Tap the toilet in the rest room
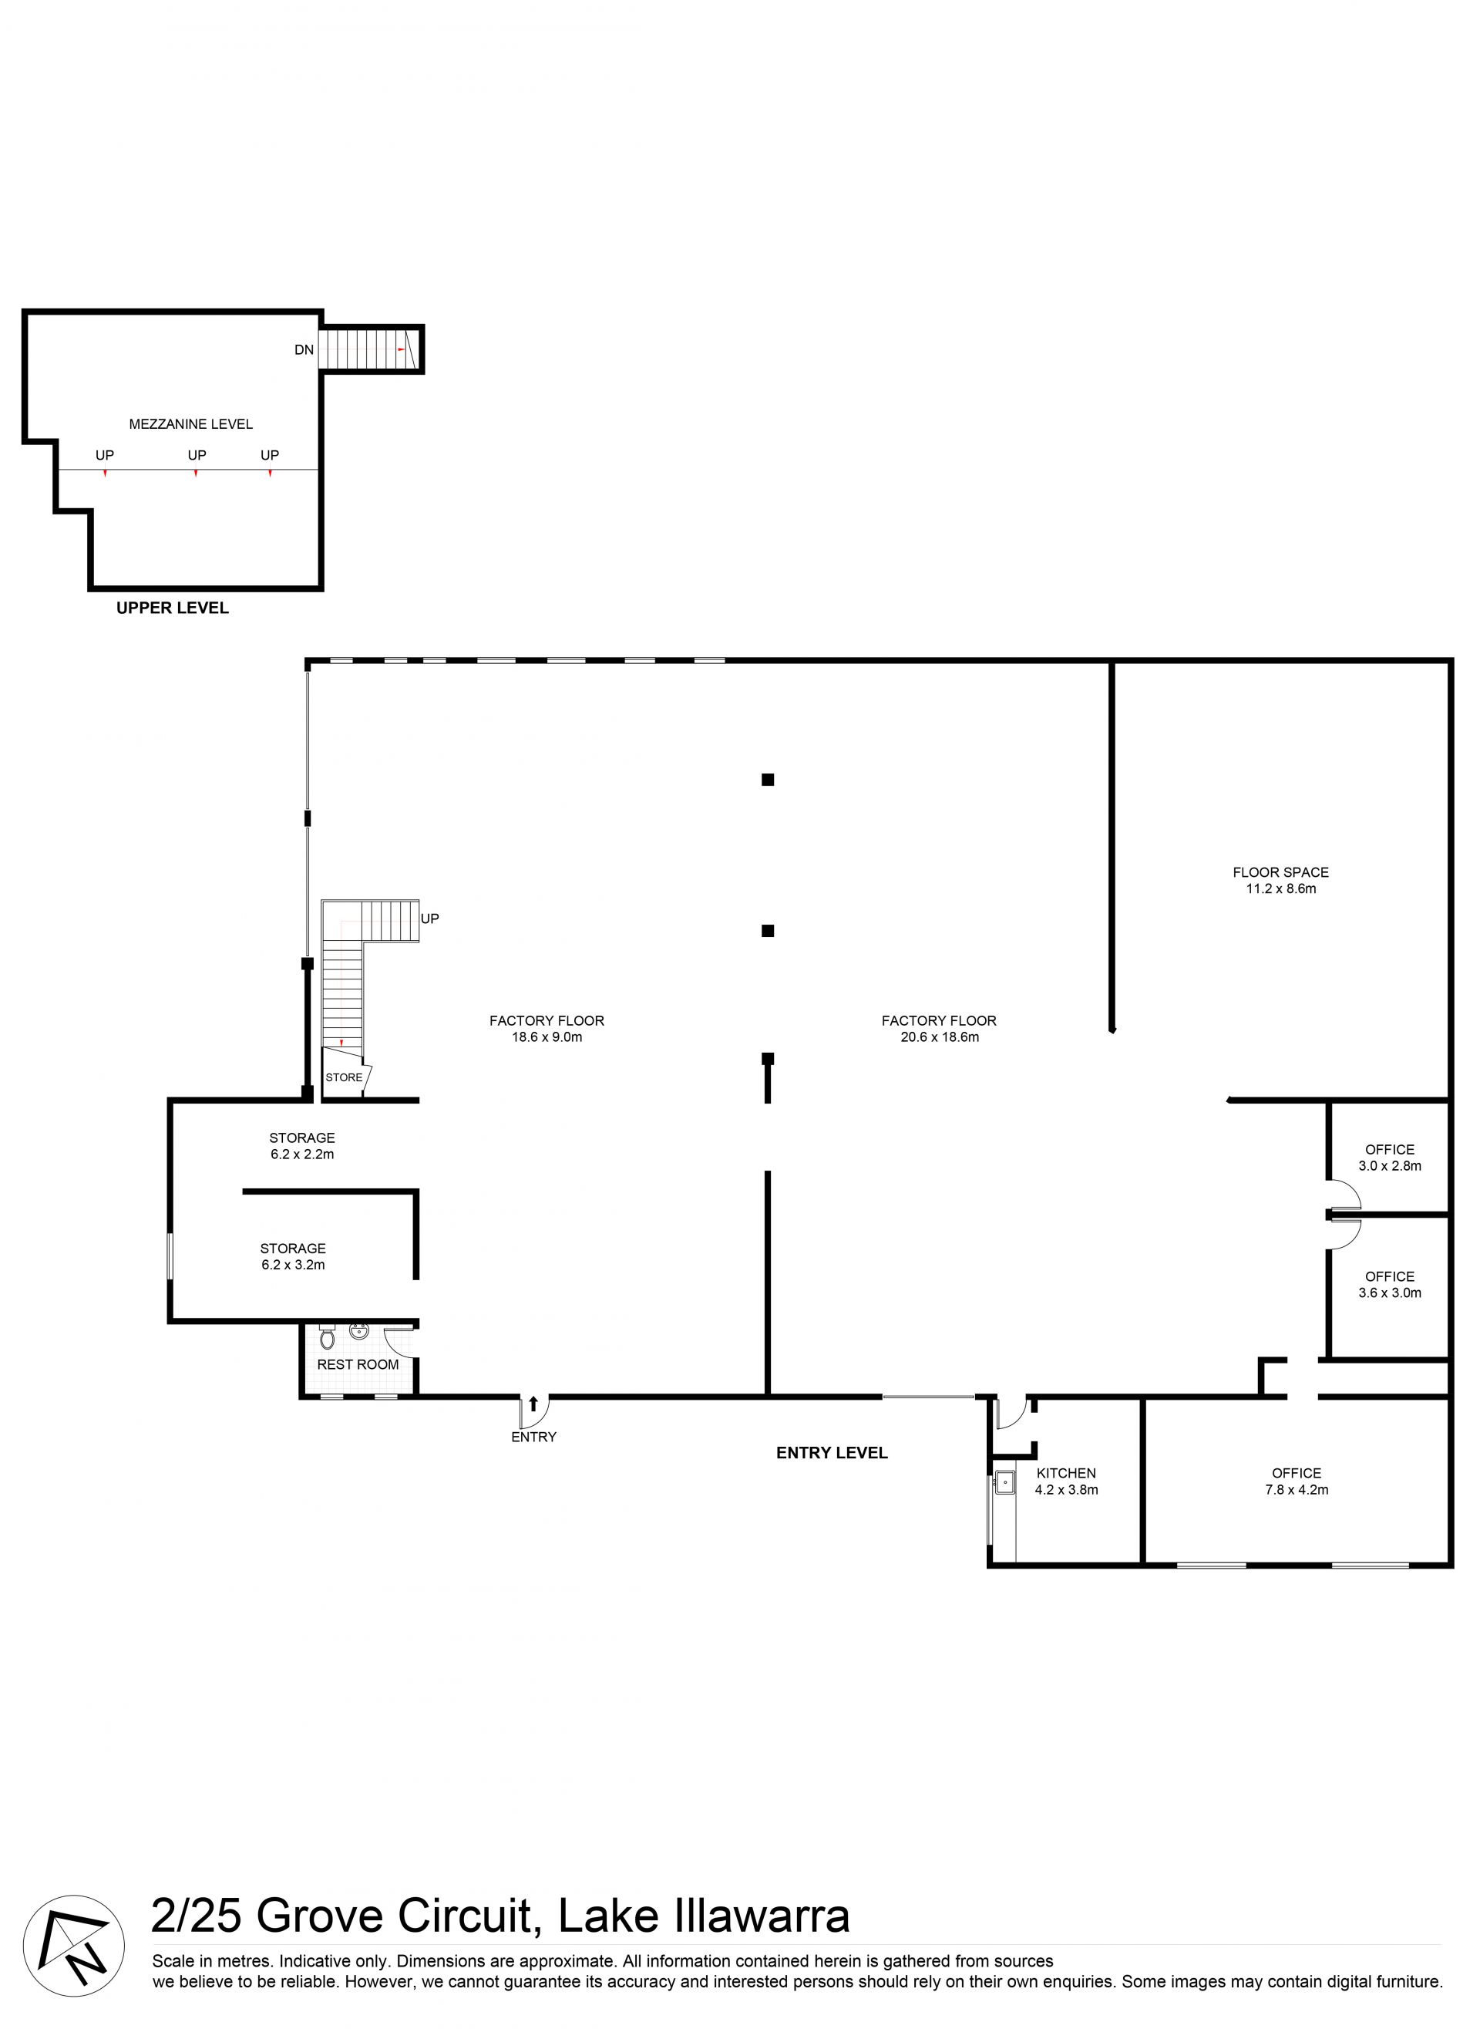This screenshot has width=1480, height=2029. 327,1336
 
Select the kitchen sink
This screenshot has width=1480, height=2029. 1005,1482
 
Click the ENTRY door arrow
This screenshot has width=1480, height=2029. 534,1404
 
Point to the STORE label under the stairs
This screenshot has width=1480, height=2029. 344,1077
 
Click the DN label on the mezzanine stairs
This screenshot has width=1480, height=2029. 304,349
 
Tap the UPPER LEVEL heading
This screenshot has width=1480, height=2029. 172,608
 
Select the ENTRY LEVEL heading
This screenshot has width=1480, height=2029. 832,1453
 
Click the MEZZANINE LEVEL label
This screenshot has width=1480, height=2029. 191,424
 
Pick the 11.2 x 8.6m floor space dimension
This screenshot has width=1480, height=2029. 1280,889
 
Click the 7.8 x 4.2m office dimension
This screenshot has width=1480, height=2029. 1297,1489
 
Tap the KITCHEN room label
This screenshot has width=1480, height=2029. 1066,1472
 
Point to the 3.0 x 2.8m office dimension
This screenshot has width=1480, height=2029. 1390,1166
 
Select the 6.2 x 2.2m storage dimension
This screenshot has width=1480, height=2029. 302,1154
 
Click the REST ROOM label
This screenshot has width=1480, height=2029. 358,1364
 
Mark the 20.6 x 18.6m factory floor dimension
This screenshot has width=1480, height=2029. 939,1037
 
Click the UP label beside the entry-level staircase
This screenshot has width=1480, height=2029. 430,918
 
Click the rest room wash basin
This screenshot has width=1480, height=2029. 359,1331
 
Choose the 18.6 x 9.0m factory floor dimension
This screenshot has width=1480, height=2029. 547,1037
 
